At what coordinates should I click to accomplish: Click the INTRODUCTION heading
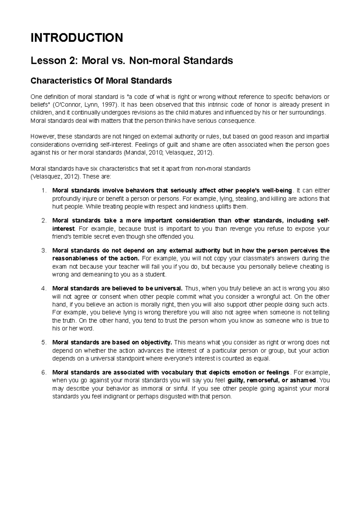[77, 38]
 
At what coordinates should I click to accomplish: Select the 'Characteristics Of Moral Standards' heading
[101, 81]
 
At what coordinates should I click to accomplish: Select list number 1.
[44, 191]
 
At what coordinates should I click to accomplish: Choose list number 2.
[44, 221]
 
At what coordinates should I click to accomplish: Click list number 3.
[44, 251]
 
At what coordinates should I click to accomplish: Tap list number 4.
[44, 289]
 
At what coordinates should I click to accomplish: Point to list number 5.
[44, 343]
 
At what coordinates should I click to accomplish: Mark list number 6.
[44, 373]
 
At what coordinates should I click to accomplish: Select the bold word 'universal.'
[168, 289]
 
